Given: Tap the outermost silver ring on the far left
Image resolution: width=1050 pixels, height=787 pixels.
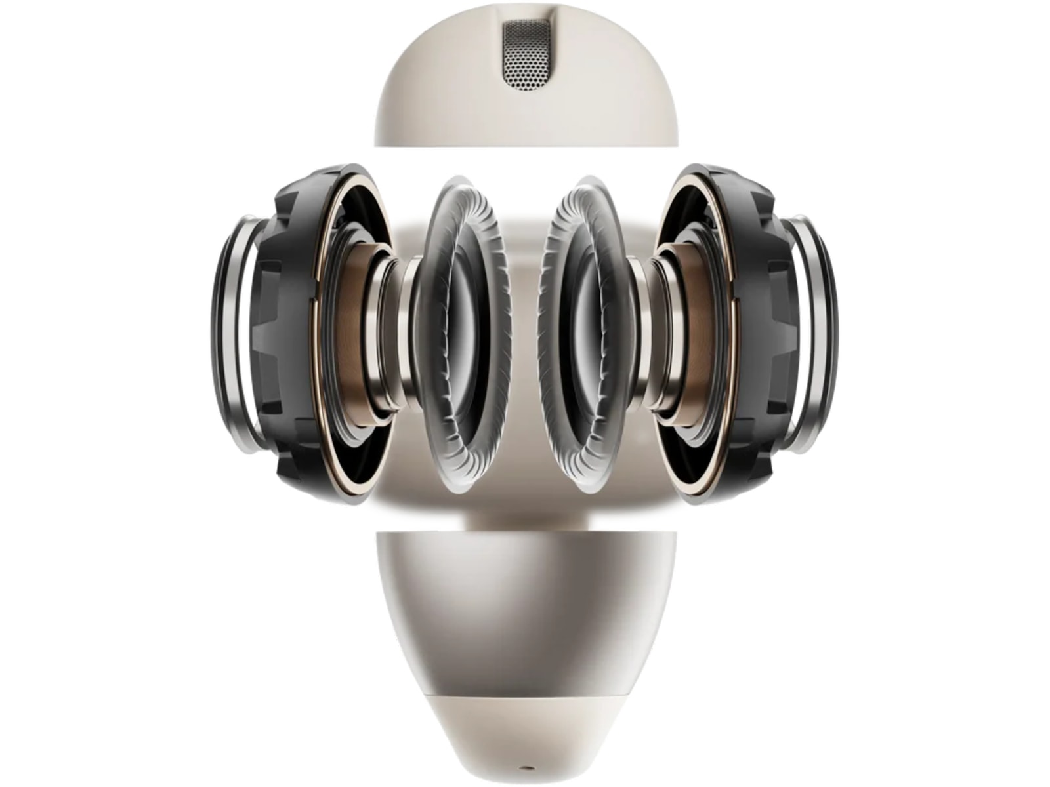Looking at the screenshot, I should click(226, 334).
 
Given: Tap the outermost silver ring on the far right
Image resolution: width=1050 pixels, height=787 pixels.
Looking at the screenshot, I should click(826, 334).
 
